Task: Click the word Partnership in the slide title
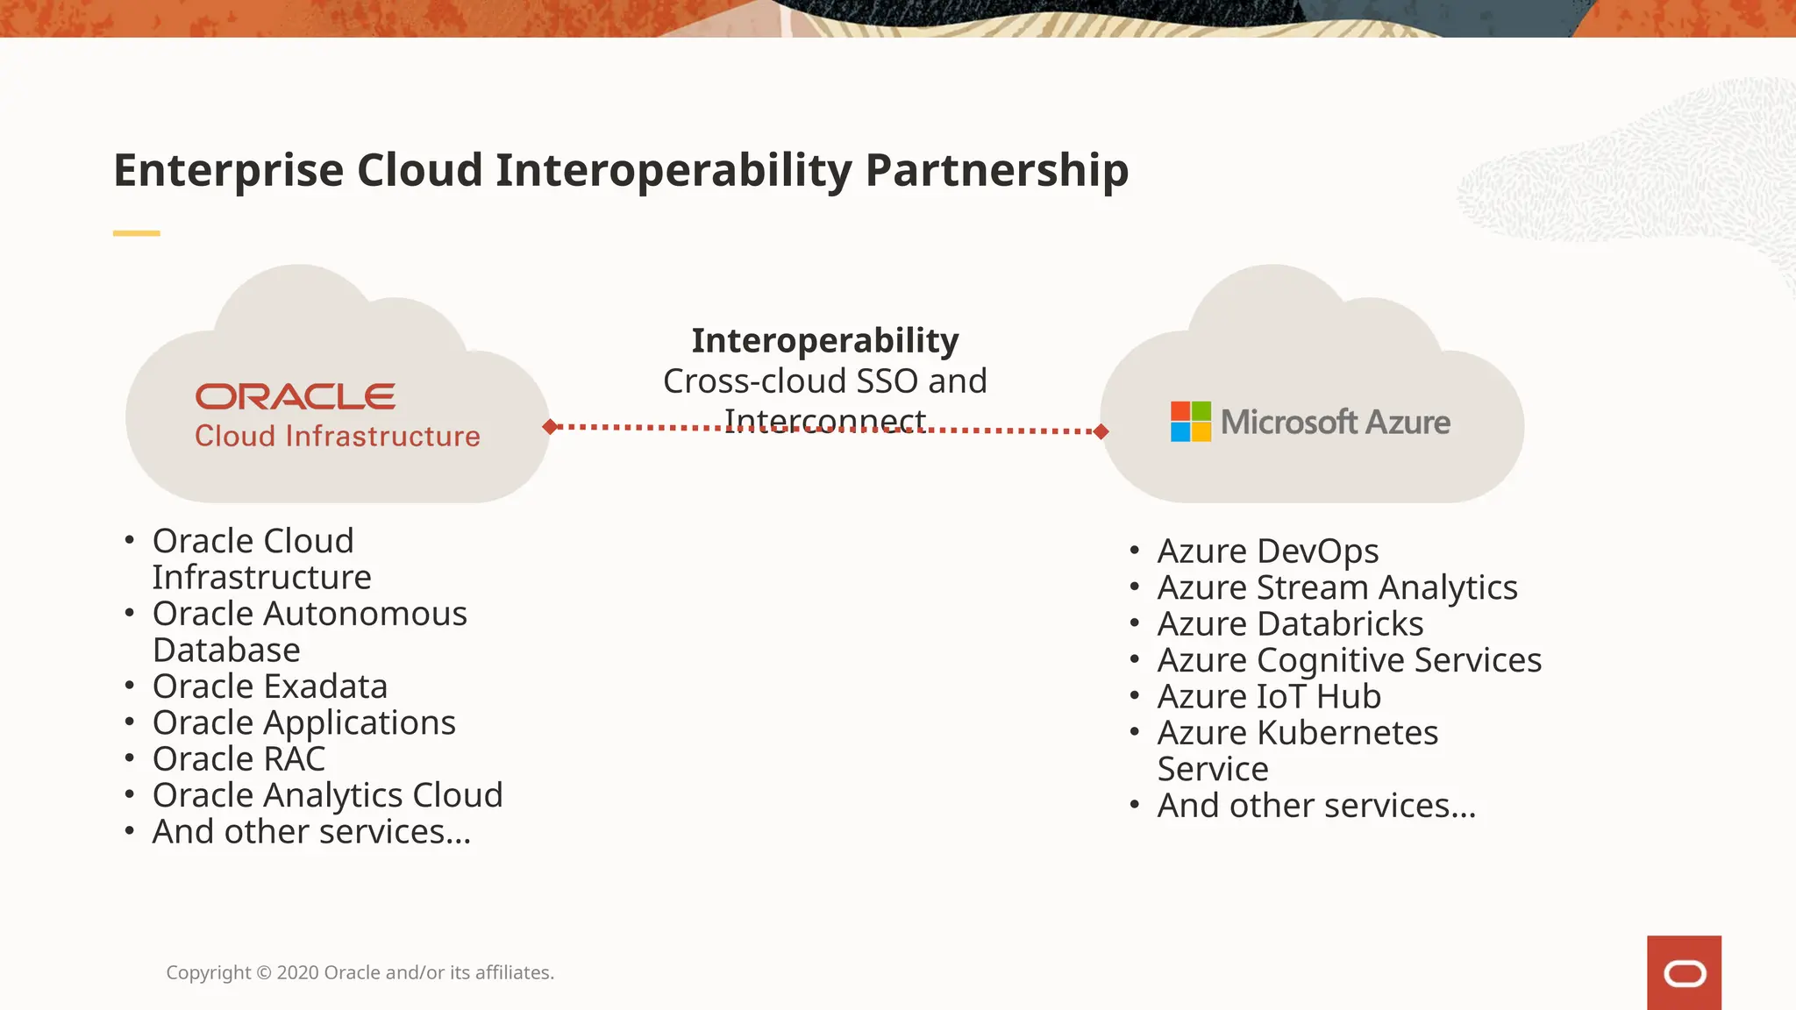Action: tap(996, 170)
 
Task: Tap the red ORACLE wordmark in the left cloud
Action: tap(295, 396)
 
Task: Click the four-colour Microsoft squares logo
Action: tap(1190, 422)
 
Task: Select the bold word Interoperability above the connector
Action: tap(824, 340)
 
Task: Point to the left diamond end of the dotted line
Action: tap(550, 427)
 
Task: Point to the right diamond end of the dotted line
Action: tap(1101, 430)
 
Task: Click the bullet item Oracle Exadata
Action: tap(269, 686)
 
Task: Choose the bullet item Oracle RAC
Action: tap(239, 759)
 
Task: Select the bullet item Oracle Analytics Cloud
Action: tap(327, 795)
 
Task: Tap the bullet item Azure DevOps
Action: tap(1267, 551)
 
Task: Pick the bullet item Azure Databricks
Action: tap(1289, 624)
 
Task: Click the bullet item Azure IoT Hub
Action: tap(1268, 697)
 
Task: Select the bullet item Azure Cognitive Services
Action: tap(1349, 660)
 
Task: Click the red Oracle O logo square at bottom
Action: tap(1683, 972)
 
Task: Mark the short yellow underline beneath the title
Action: tap(136, 233)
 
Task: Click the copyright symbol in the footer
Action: tap(264, 973)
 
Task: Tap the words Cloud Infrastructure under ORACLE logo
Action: tap(337, 437)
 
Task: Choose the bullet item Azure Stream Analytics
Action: tap(1336, 587)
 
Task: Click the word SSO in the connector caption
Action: tap(887, 381)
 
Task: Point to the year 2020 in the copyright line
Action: tap(298, 973)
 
